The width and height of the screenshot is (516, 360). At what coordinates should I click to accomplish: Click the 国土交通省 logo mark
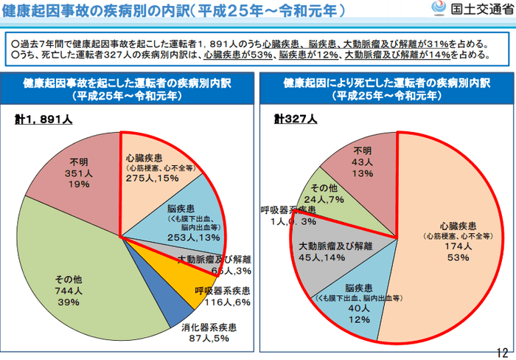pos(439,10)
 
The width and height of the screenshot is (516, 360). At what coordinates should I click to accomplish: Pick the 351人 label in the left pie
pos(78,173)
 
